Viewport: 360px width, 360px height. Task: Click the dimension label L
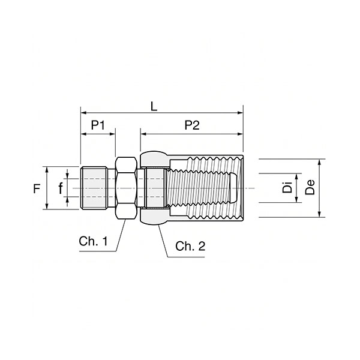pos(154,107)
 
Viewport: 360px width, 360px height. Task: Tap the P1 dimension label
pos(98,125)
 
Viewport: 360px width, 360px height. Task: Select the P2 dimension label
pos(192,125)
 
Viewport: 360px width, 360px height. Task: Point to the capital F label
pos(37,189)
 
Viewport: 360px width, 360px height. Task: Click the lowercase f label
pos(61,188)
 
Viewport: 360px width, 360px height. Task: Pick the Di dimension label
pos(287,187)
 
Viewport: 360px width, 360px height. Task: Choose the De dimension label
pos(310,187)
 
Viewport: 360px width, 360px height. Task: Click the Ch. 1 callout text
pos(93,241)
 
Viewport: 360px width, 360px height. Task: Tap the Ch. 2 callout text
pos(190,246)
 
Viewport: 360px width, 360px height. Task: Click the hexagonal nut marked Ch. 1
pos(126,188)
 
